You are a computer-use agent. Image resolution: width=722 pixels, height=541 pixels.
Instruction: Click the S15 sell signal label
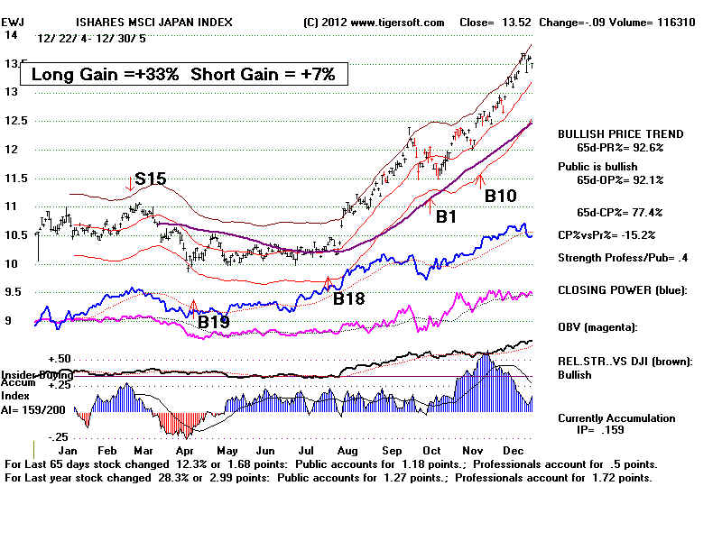pyautogui.click(x=150, y=179)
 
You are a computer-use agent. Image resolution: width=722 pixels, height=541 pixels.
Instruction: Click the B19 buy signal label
pyautogui.click(x=215, y=320)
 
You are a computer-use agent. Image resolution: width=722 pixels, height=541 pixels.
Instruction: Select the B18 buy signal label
pyautogui.click(x=349, y=298)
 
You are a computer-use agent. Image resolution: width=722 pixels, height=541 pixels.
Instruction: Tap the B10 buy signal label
pyautogui.click(x=502, y=195)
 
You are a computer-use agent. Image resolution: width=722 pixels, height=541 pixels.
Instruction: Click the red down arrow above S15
pyautogui.click(x=131, y=183)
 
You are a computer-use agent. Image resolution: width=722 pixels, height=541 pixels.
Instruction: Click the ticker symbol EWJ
pyautogui.click(x=14, y=22)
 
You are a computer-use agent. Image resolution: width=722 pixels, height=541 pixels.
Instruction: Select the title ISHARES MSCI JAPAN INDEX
pyautogui.click(x=151, y=22)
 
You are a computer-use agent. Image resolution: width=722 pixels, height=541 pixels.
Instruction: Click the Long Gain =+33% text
pyautogui.click(x=106, y=75)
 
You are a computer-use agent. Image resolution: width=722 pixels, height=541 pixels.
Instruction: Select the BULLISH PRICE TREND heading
pyautogui.click(x=621, y=133)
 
